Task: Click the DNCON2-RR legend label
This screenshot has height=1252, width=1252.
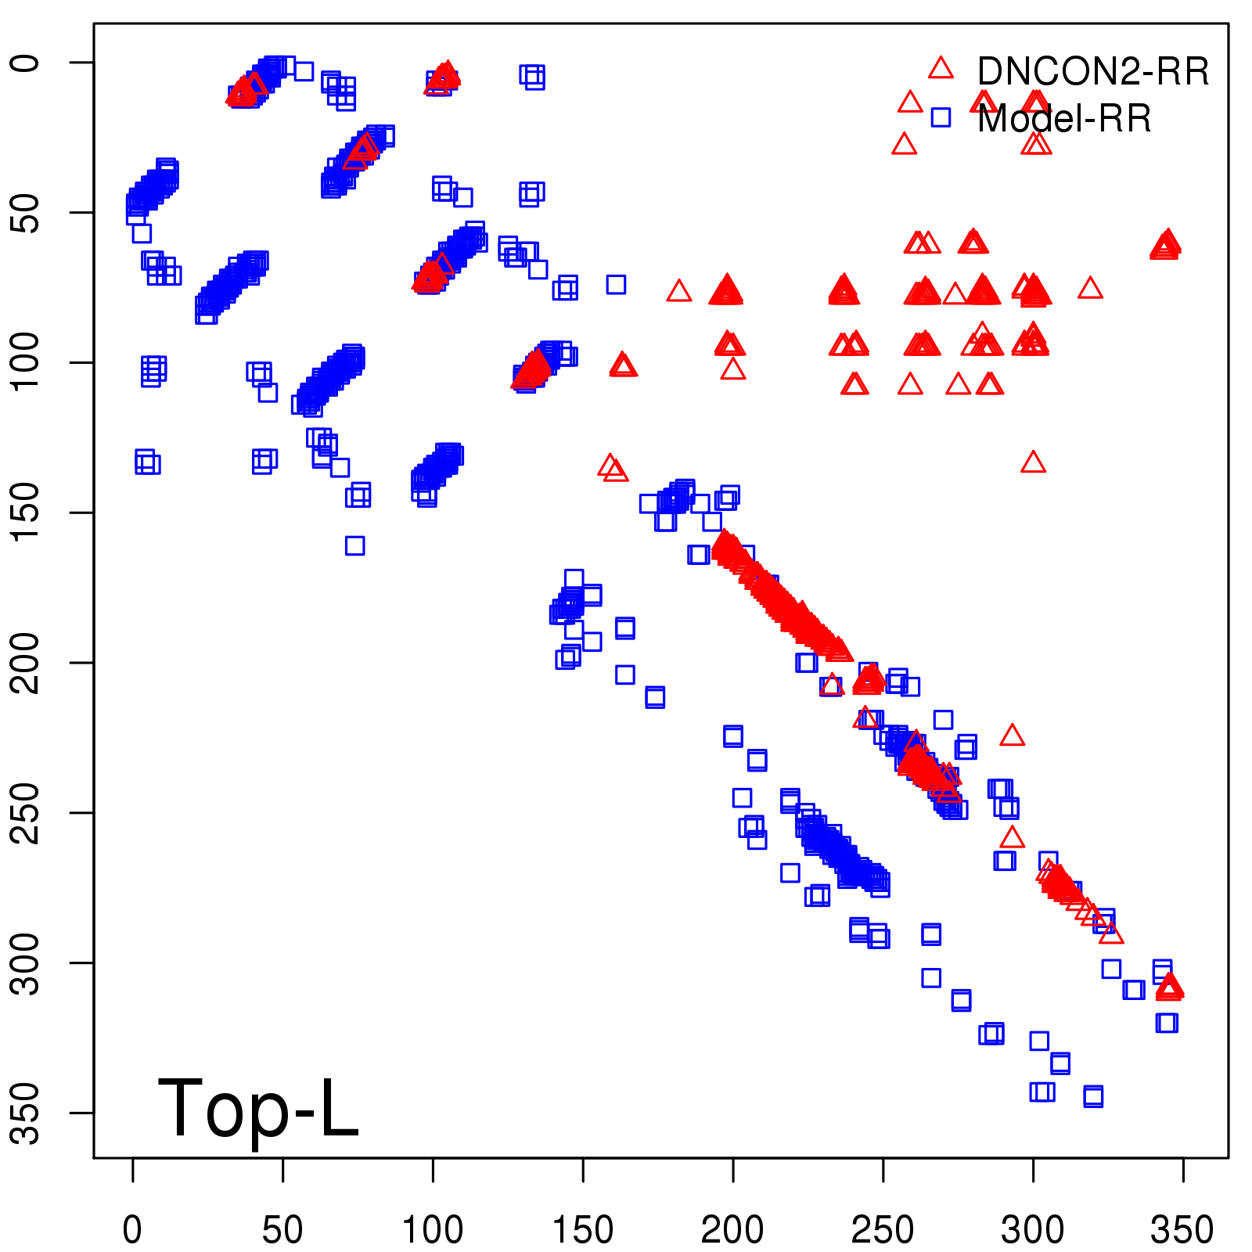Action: (x=1092, y=72)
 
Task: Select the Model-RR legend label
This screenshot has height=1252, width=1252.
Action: (x=1064, y=119)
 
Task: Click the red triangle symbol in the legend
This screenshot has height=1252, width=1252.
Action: (x=941, y=68)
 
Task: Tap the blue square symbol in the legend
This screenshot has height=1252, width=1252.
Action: (x=941, y=118)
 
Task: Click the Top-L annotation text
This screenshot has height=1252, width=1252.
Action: (x=258, y=1108)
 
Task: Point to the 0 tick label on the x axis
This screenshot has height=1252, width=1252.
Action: (x=132, y=1230)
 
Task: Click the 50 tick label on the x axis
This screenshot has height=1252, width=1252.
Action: (x=282, y=1230)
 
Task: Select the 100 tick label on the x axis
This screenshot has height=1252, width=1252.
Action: (x=433, y=1230)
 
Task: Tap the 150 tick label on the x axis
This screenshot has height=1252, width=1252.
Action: (x=583, y=1230)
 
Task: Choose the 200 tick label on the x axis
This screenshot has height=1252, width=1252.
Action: (x=732, y=1230)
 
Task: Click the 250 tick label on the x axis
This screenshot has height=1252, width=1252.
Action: (x=883, y=1230)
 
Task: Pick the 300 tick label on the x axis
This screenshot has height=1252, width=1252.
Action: (x=1033, y=1230)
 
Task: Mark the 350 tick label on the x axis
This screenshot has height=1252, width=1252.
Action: (x=1182, y=1230)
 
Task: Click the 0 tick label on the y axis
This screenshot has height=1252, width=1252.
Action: (x=26, y=63)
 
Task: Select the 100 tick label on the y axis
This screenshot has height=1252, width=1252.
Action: (x=26, y=362)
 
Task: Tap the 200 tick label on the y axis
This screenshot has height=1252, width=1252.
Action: (x=26, y=663)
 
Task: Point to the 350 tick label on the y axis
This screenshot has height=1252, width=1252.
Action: (x=26, y=1113)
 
